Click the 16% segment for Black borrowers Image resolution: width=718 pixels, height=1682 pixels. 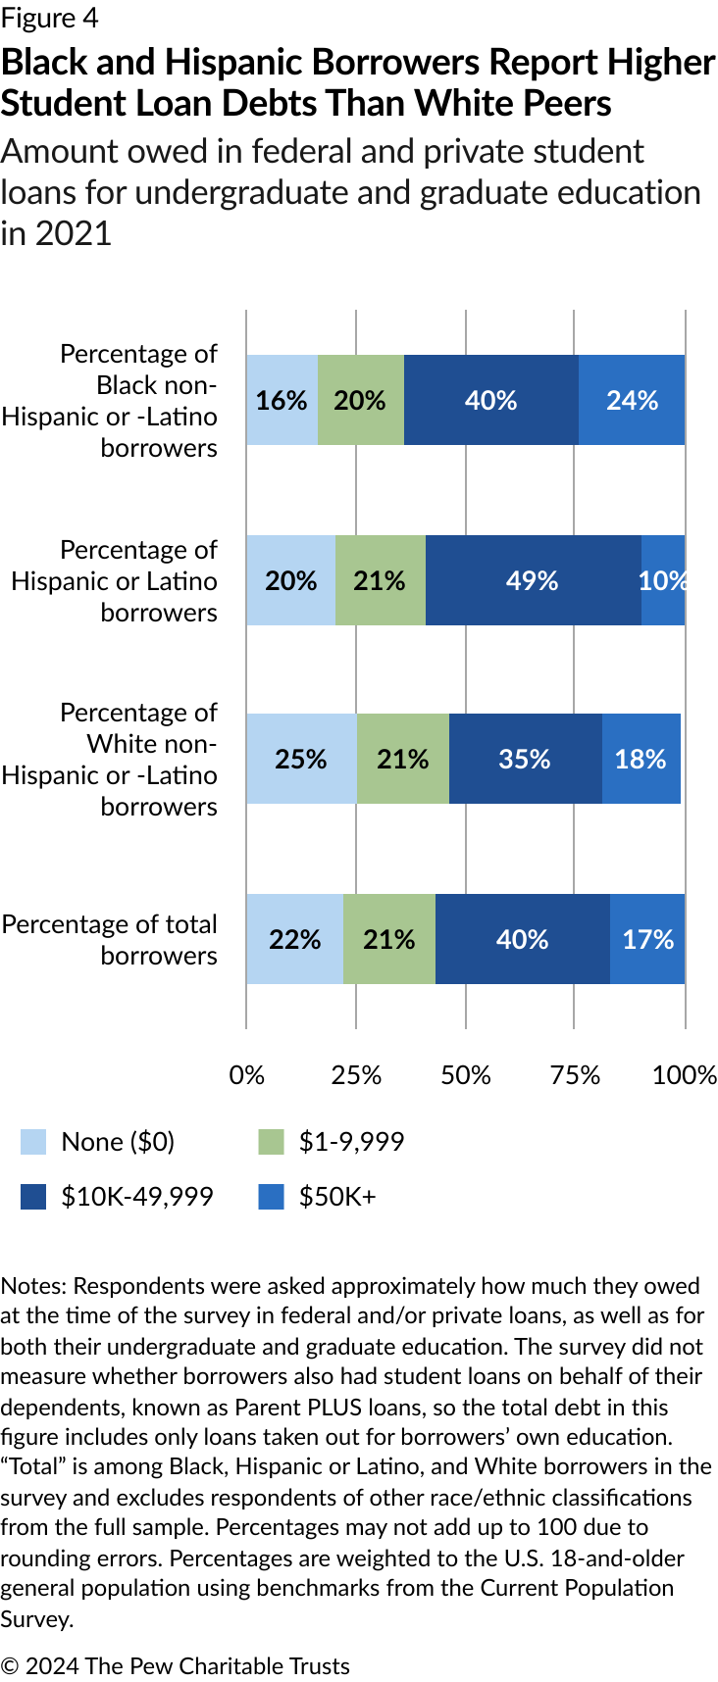pos(282,400)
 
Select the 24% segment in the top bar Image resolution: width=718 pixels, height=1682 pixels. pos(632,400)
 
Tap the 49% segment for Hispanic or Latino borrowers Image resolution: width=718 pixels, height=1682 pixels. pos(533,580)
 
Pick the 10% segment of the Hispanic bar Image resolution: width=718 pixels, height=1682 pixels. pos(662,580)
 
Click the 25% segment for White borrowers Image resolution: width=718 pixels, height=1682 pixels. pos(301,759)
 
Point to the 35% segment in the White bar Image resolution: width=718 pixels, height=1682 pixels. pos(525,759)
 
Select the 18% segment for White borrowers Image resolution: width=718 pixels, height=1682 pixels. pos(641,759)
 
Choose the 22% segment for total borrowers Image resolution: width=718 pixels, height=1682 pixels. pos(294,939)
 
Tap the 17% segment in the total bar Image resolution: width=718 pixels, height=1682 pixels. pos(647,939)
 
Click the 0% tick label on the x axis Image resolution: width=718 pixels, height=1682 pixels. pos(246,1075)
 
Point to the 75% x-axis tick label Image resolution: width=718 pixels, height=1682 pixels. pos(575,1075)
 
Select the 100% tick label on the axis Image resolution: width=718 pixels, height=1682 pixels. pos(684,1075)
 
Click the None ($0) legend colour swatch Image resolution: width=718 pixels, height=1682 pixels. pos(33,1142)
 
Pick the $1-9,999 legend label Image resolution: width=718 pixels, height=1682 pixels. pos(351,1142)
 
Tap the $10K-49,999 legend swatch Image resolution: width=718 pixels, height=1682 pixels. pos(33,1197)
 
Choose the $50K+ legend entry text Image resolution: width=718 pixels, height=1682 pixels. pos(337,1197)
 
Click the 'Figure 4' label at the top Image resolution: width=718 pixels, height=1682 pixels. pos(49,19)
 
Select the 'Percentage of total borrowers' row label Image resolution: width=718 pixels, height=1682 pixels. pos(110,939)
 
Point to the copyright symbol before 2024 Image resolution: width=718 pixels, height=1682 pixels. pos(10,1666)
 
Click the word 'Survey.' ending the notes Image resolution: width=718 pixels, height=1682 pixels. pos(37,1618)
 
